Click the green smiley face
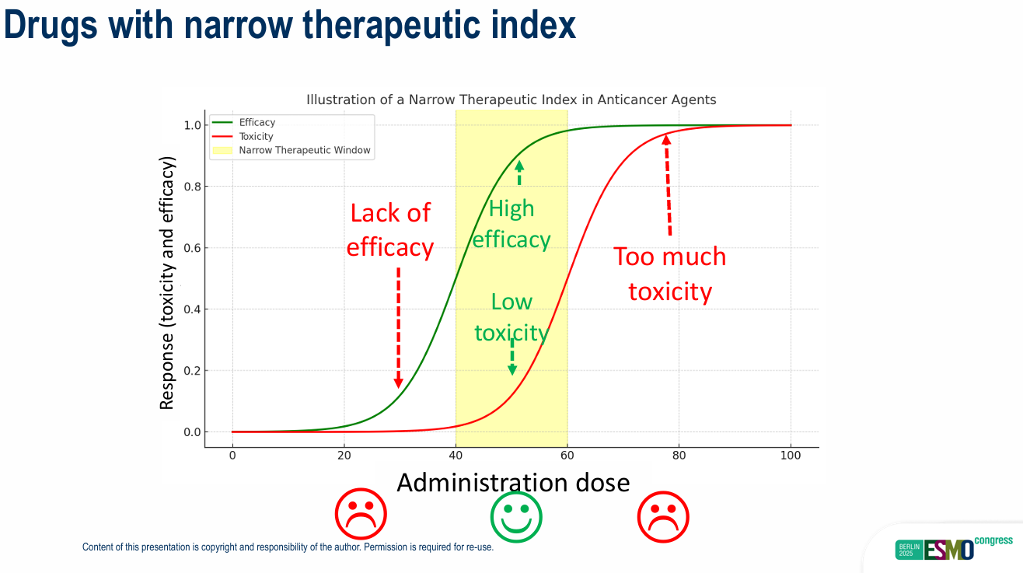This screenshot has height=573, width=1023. [516, 517]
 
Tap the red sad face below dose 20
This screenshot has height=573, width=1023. [360, 516]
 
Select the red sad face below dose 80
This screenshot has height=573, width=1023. [663, 517]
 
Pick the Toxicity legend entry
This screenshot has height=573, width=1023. [256, 137]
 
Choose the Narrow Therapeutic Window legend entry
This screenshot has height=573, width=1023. [304, 150]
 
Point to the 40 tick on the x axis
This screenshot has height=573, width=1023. [456, 454]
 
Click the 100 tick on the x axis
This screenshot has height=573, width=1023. [791, 454]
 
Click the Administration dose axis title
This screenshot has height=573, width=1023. [513, 483]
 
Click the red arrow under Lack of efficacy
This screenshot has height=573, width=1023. [398, 327]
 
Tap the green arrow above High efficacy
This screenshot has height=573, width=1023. [519, 172]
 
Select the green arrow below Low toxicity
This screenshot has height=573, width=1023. [511, 359]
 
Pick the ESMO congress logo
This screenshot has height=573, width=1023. [954, 547]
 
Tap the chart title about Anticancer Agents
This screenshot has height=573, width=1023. [511, 100]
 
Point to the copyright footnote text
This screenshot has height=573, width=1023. [288, 547]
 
